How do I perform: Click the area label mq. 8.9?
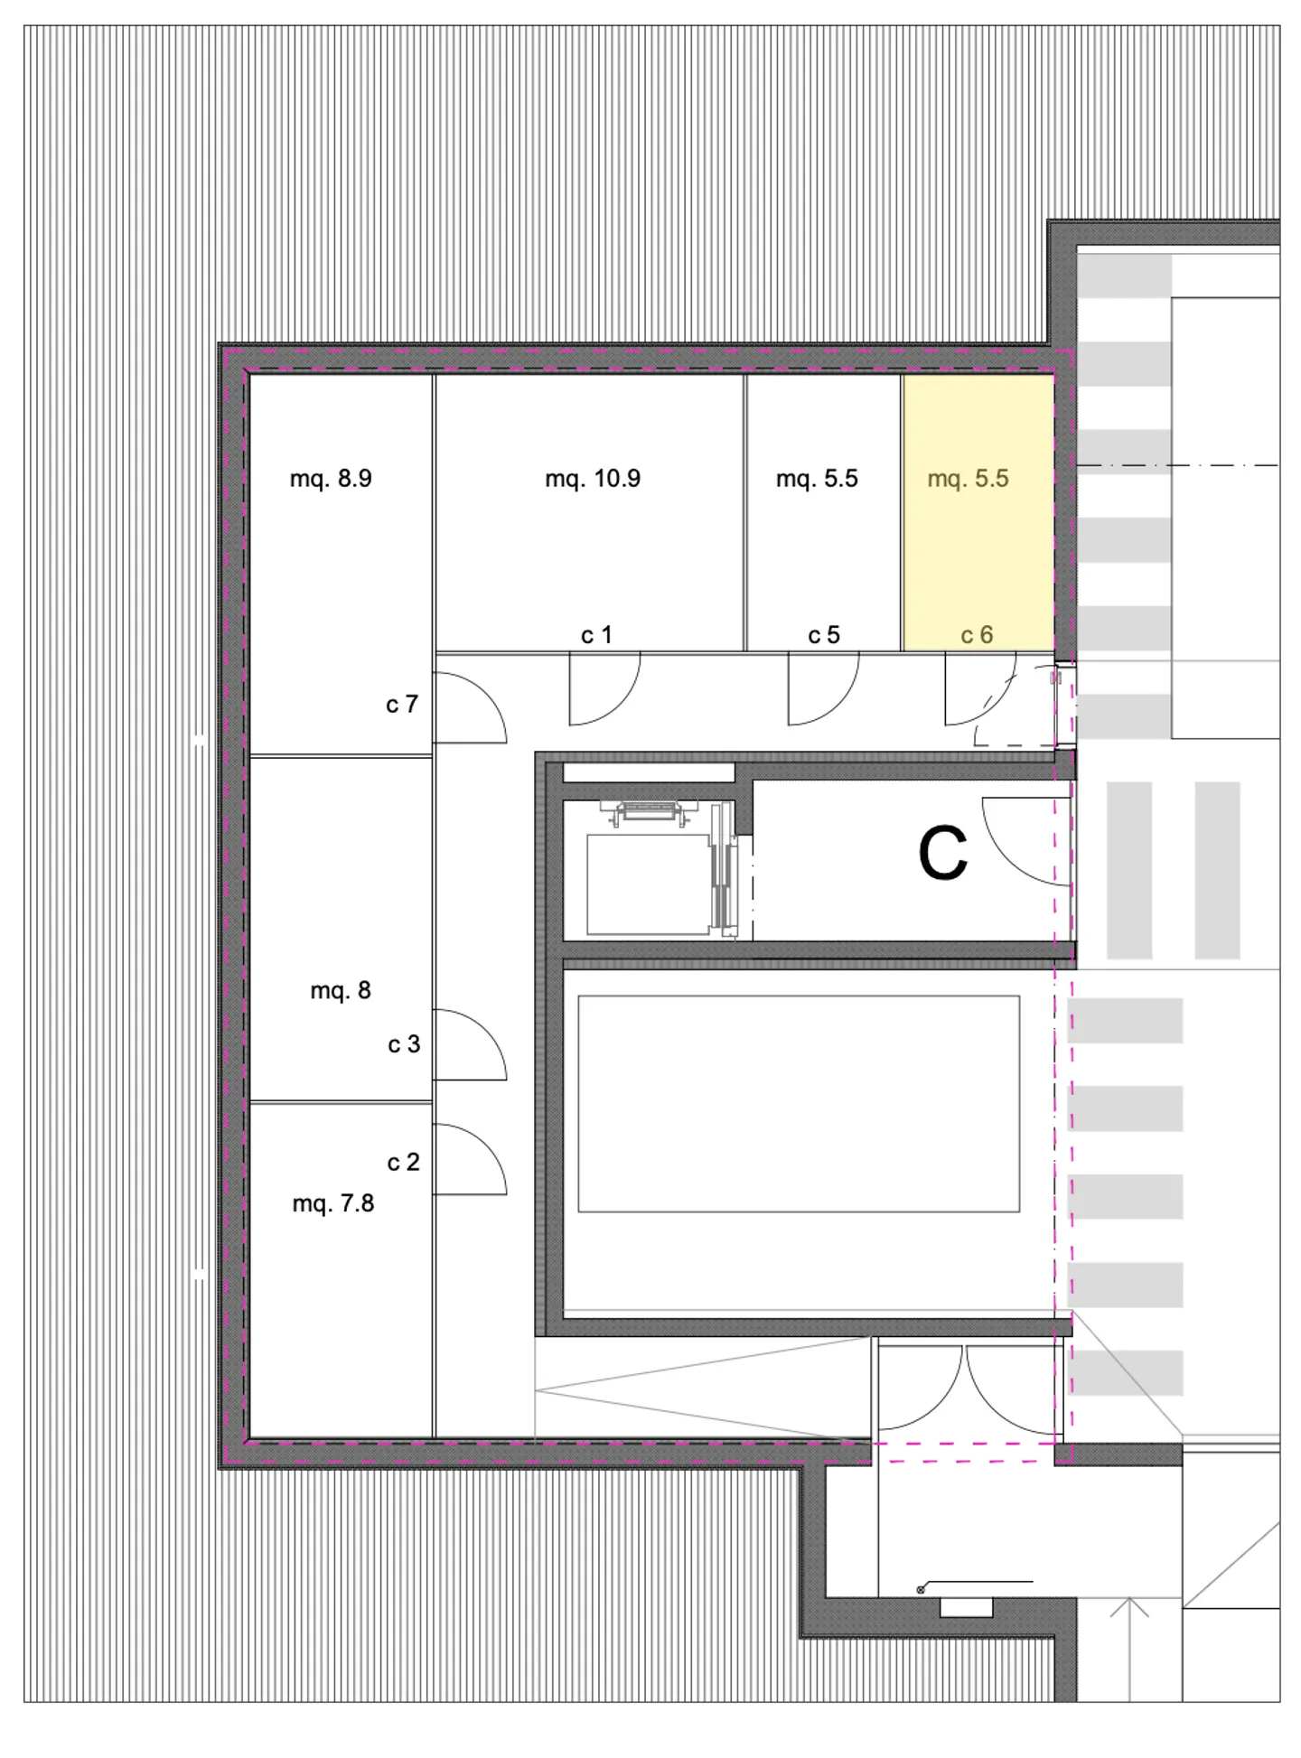331,479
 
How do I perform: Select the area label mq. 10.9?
593,479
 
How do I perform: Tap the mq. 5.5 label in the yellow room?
968,479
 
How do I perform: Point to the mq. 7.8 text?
332,1203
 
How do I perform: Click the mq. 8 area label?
341,991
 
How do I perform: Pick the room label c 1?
596,635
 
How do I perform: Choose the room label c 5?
824,635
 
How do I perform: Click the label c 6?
977,635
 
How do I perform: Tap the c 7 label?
402,704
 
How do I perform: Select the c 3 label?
404,1044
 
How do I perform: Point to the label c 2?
403,1162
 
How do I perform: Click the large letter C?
942,855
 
